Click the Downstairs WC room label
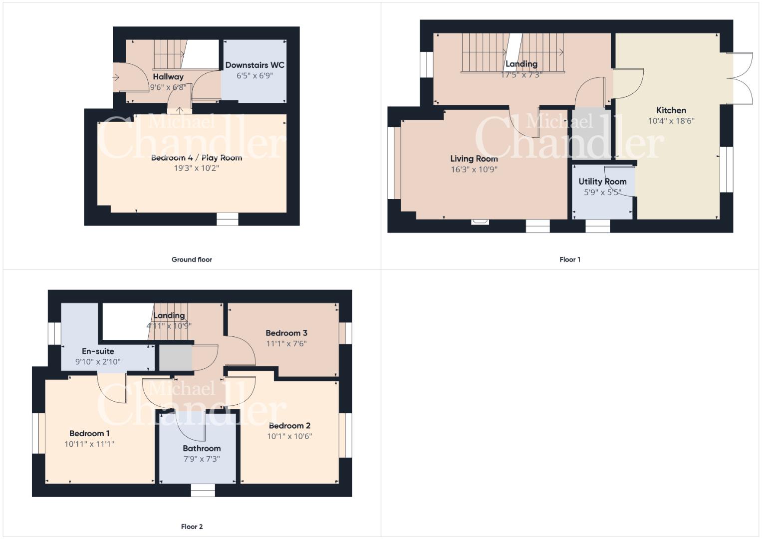[x=255, y=65]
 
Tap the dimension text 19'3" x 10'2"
[x=196, y=168]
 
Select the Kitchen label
[x=671, y=110]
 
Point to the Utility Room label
[x=602, y=182]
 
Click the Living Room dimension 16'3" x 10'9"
[x=474, y=170]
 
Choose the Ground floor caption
[x=192, y=260]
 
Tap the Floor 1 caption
[x=570, y=260]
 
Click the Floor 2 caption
[x=192, y=527]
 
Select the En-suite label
[x=98, y=351]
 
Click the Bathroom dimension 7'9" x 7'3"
[x=202, y=459]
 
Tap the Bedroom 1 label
[x=89, y=434]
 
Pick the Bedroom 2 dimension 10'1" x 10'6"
[x=289, y=436]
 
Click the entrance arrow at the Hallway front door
[x=116, y=77]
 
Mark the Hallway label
[x=168, y=77]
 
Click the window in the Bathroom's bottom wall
[x=203, y=490]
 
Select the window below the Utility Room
[x=597, y=226]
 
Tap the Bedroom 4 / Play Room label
[x=197, y=158]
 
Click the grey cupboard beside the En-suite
[x=176, y=357]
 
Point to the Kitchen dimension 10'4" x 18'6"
[x=671, y=121]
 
